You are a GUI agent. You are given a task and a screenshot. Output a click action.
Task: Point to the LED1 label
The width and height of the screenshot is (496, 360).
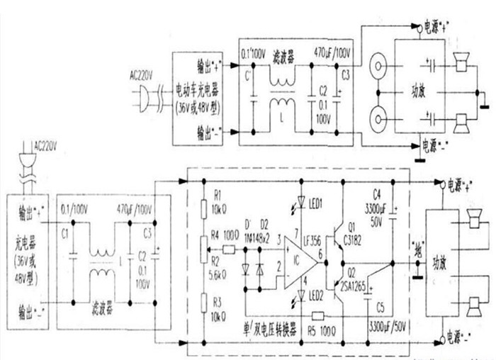click(317, 204)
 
